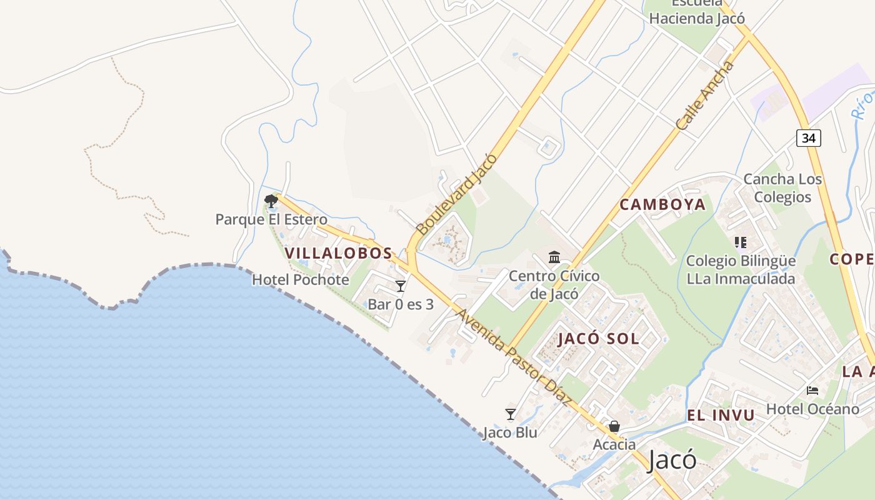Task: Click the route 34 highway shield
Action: [x=808, y=138]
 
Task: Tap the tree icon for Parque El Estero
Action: [x=271, y=201]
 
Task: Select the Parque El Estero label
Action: [x=271, y=219]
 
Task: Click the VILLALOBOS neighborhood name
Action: [x=338, y=253]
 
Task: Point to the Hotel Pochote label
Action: [x=300, y=279]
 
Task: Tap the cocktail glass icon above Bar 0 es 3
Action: [x=401, y=286]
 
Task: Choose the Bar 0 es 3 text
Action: [x=401, y=304]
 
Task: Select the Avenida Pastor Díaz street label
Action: [x=514, y=357]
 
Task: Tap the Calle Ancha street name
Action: [x=704, y=95]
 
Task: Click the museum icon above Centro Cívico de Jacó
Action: [x=554, y=257]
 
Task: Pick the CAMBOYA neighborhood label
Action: [x=662, y=204]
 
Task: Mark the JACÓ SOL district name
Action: [x=598, y=339]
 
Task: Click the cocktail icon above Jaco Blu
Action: [x=511, y=414]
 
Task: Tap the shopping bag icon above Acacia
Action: [x=614, y=427]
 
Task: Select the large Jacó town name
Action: [x=672, y=461]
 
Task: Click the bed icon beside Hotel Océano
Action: [x=812, y=391]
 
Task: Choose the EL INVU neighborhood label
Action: [x=721, y=415]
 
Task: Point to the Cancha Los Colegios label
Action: [x=782, y=188]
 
